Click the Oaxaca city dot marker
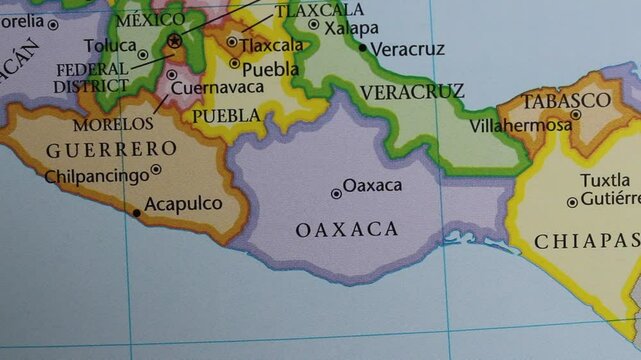coord(336,194)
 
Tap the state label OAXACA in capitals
coord(347,230)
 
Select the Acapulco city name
coord(183,204)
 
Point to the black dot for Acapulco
coord(137,213)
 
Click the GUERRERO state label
coord(112,149)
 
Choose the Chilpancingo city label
coord(96,176)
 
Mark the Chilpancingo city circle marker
coord(156,170)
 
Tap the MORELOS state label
coord(113,125)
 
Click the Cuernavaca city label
coord(217,88)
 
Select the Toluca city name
coord(110,46)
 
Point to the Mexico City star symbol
coord(176,41)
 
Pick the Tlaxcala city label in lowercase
coord(271,45)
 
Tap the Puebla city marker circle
coord(235,63)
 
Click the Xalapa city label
coord(351,28)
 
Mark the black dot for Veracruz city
coord(363,47)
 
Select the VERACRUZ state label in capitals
coord(412,92)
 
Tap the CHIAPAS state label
coord(586,241)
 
